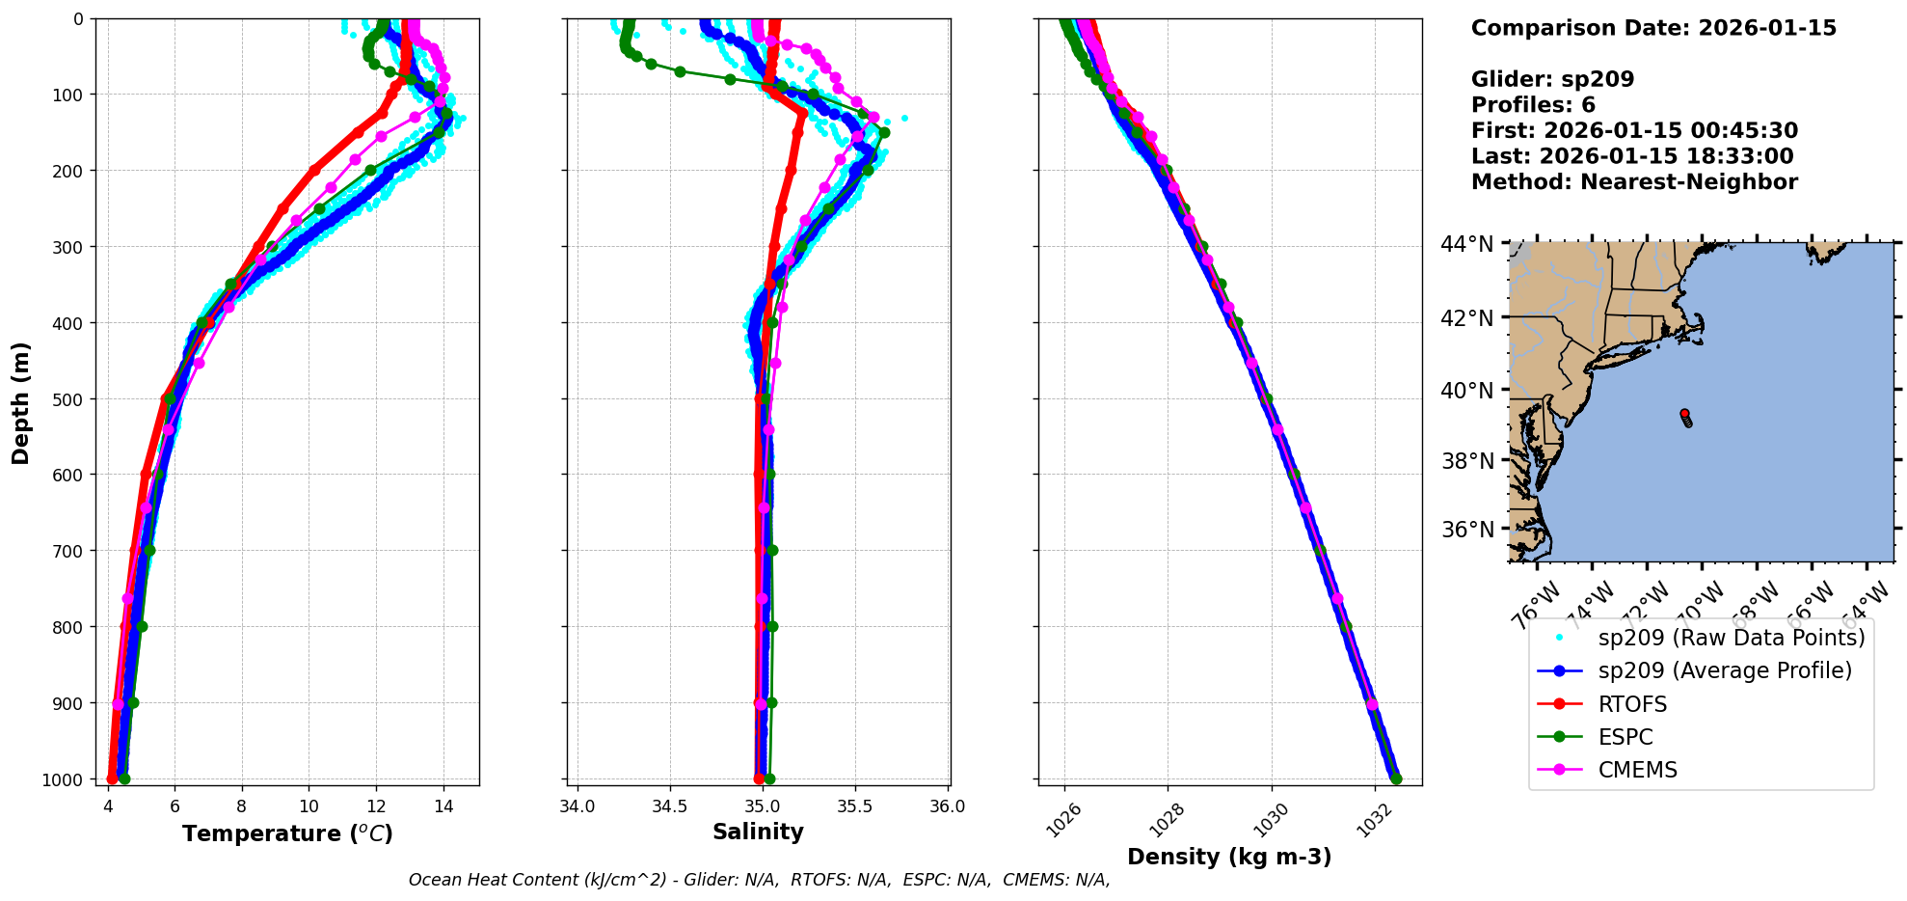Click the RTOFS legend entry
tap(1631, 704)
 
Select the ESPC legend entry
tap(1625, 737)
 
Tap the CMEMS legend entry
tap(1637, 770)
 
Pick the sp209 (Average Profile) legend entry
tap(1724, 670)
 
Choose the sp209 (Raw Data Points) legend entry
tap(1731, 638)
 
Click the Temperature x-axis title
tap(287, 833)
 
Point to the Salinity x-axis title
tap(758, 833)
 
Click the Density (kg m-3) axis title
tap(1229, 857)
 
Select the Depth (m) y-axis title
tap(21, 402)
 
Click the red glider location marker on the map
tap(1684, 413)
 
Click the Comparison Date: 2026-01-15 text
tap(1653, 28)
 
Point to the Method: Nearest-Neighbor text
tap(1634, 182)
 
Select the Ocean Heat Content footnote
tap(759, 880)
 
